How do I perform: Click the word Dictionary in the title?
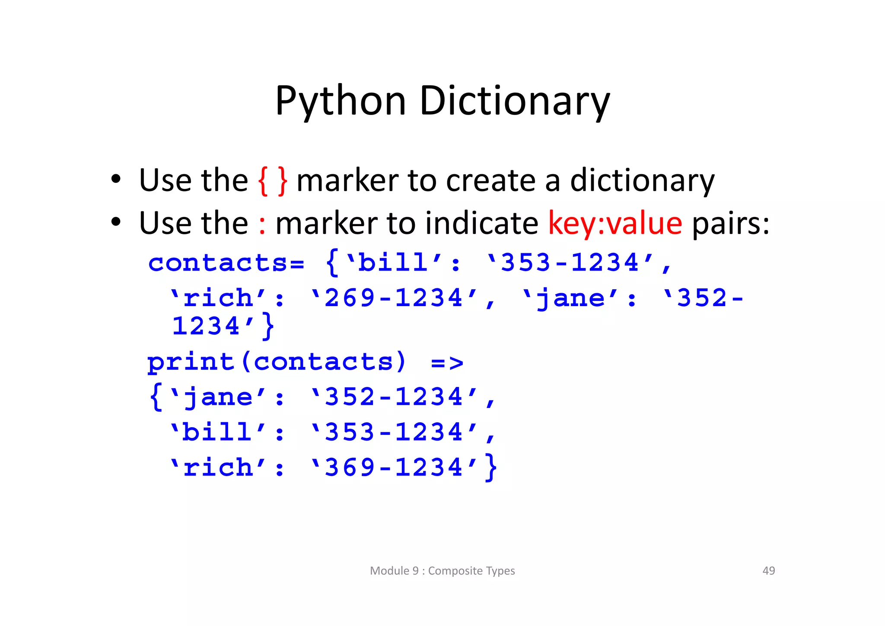514,101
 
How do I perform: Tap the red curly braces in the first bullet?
273,181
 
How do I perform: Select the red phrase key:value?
615,224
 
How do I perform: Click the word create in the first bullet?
491,180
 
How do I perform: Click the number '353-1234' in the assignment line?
570,262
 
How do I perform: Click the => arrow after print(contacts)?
447,362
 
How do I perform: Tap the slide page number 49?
768,571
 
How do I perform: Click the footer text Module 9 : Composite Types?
442,571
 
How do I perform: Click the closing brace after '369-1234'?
491,467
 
